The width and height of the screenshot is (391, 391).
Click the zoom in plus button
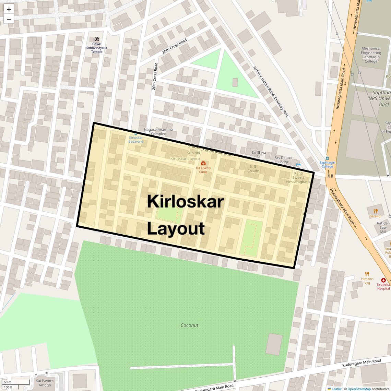point(9,9)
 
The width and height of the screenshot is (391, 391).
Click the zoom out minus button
point(9,19)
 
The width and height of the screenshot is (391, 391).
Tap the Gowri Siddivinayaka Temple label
point(97,48)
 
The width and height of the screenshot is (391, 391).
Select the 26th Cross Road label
point(175,46)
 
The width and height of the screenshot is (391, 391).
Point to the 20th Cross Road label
point(155,76)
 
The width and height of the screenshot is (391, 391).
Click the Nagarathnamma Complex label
point(158,132)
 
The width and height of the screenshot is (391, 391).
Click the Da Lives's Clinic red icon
point(203,163)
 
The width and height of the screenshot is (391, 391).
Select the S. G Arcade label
point(253,168)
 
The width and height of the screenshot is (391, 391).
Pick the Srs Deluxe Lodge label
point(284,160)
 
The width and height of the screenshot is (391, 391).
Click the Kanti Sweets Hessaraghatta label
point(298,178)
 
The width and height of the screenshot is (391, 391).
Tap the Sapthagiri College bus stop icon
point(327,158)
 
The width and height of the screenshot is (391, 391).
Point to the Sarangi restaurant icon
point(376,211)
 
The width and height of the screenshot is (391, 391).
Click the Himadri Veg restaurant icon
point(367,274)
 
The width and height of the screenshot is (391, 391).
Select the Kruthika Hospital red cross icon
point(383,280)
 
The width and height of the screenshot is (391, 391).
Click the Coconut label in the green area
point(189,325)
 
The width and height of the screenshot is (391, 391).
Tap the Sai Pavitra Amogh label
point(45,383)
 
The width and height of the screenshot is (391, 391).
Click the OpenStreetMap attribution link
point(359,389)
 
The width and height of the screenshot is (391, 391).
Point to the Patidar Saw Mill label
point(383,227)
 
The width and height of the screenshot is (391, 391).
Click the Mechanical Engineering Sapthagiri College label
point(371,55)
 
